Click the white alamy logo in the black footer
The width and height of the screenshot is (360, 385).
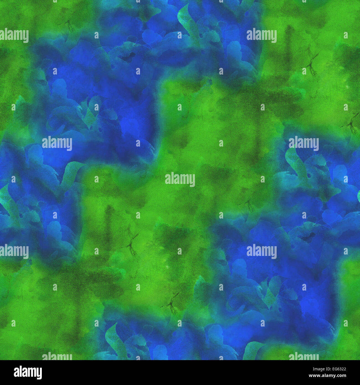coord(28,372)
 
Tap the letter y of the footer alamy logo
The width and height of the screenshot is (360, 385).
coord(39,373)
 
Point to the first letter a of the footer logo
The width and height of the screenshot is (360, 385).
coord(16,373)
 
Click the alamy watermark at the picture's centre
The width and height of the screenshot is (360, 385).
coord(180,179)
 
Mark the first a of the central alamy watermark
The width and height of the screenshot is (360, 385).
coord(167,180)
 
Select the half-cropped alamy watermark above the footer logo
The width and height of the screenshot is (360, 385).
coord(57,356)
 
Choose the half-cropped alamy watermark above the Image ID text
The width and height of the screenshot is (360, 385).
coord(304,356)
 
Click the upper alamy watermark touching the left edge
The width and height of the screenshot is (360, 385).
coord(14,36)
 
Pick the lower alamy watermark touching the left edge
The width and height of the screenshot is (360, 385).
coord(14,252)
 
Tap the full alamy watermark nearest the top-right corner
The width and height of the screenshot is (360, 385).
coord(262,36)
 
